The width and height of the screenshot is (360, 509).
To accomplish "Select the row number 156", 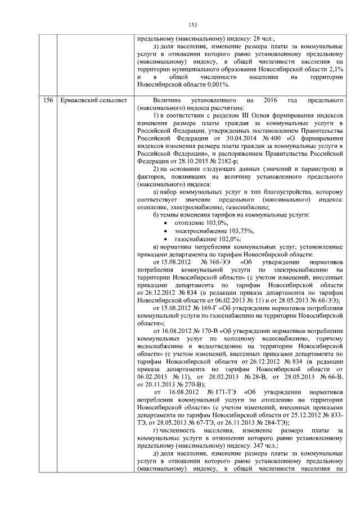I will [49, 100].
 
